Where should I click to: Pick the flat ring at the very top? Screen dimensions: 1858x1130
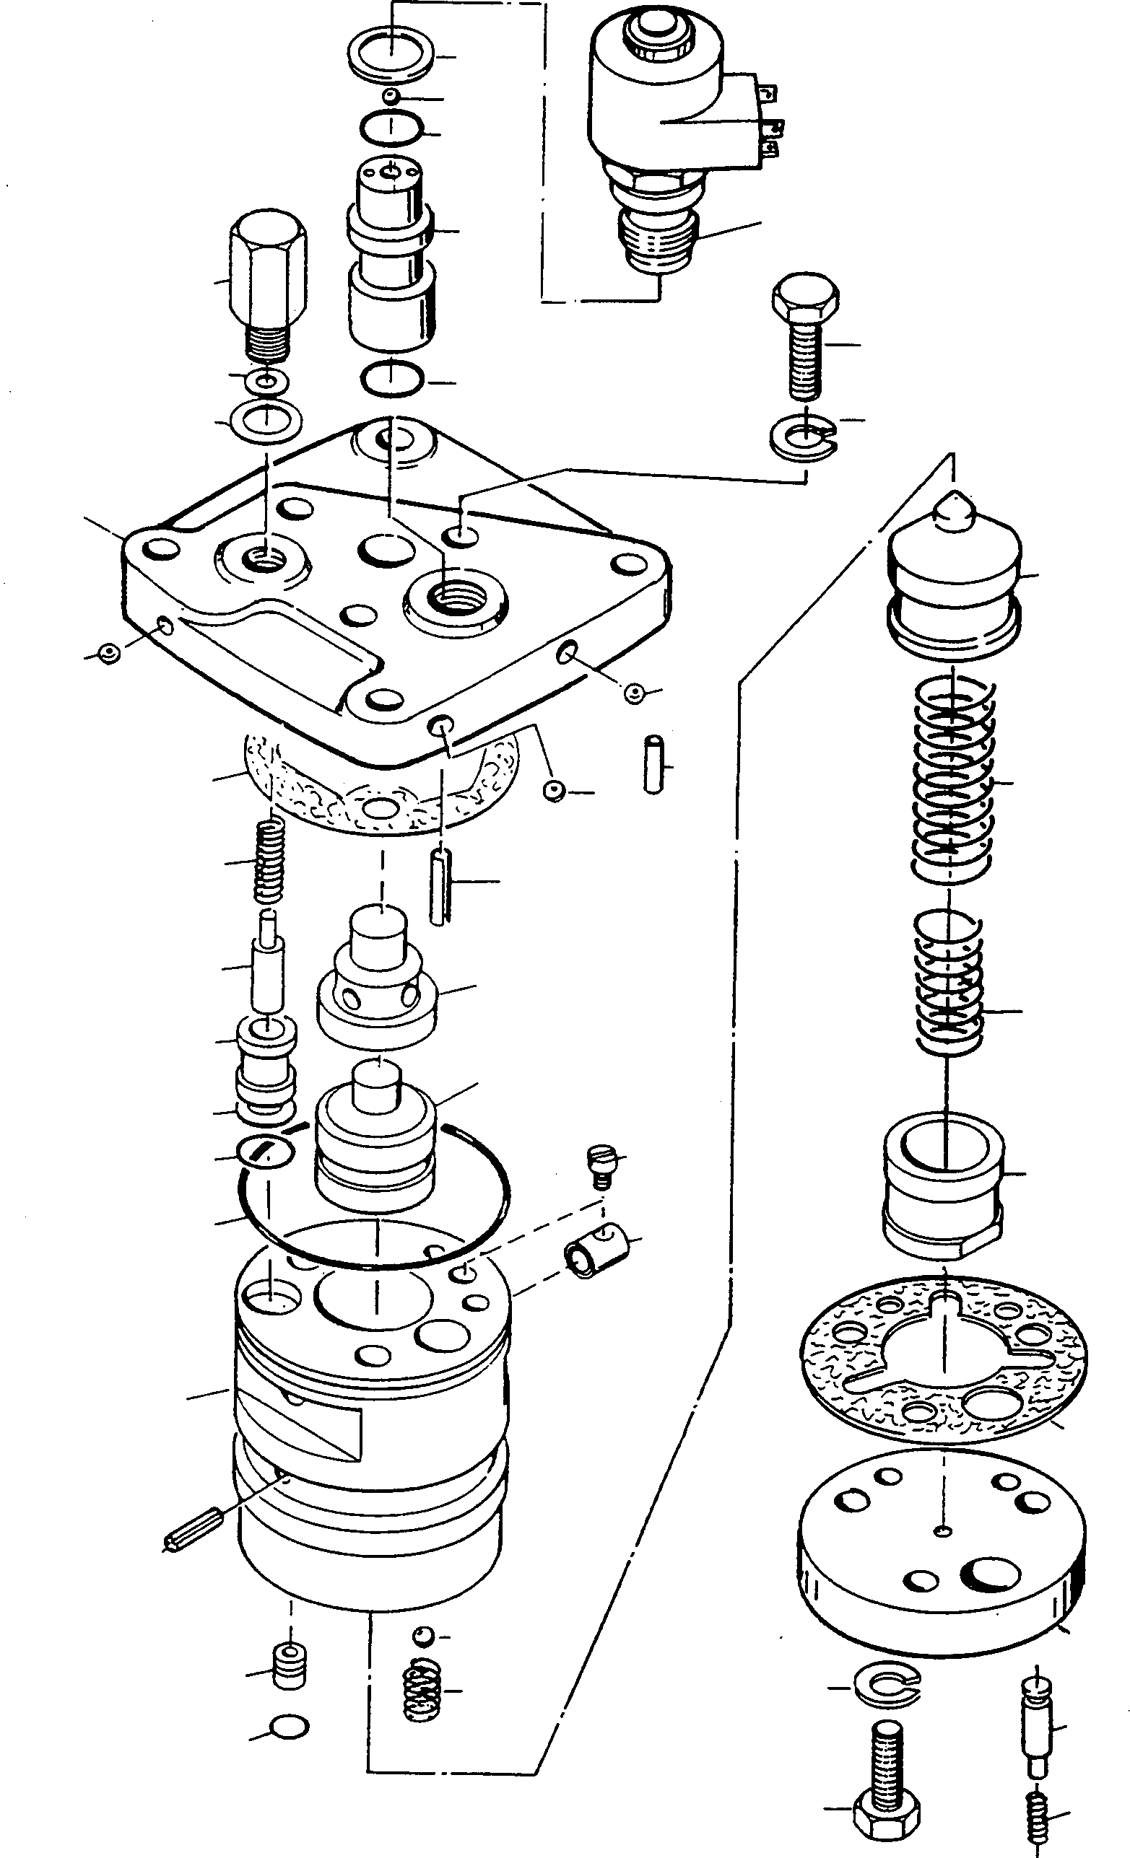coord(391,53)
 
